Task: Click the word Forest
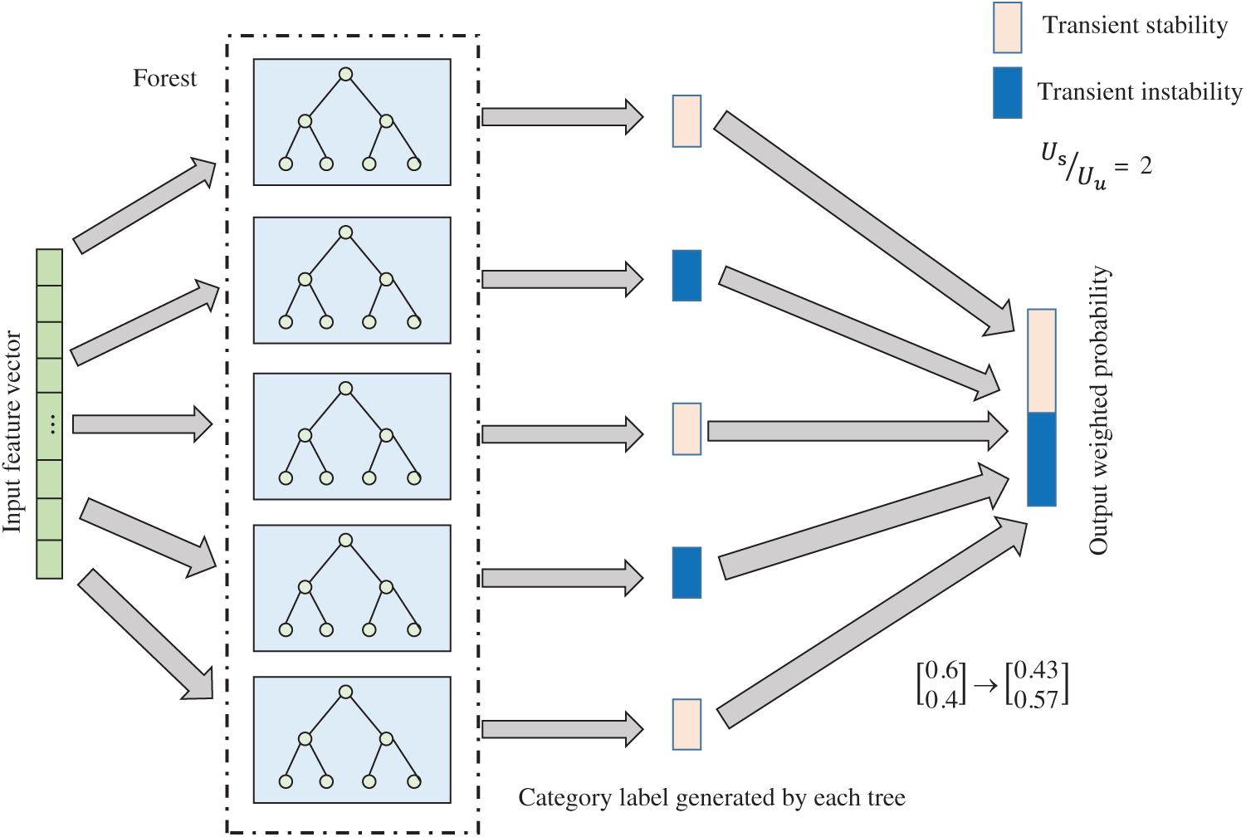tap(165, 79)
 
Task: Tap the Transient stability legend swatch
tap(1007, 27)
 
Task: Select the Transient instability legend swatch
tap(1007, 93)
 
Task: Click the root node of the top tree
tap(346, 75)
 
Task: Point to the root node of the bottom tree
tap(346, 693)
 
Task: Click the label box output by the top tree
tap(687, 121)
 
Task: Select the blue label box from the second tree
tap(687, 275)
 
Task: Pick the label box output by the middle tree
tap(687, 429)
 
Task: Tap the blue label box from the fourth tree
tap(687, 572)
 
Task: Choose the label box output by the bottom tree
tap(687, 725)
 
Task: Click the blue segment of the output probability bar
tap(1041, 459)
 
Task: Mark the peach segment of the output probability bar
tap(1041, 361)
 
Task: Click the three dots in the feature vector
tap(51, 425)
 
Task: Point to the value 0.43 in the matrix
tap(1035, 671)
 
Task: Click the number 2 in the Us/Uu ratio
tap(1146, 166)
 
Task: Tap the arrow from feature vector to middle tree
tap(141, 425)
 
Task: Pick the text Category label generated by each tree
tap(711, 798)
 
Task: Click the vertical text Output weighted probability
tap(1099, 410)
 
